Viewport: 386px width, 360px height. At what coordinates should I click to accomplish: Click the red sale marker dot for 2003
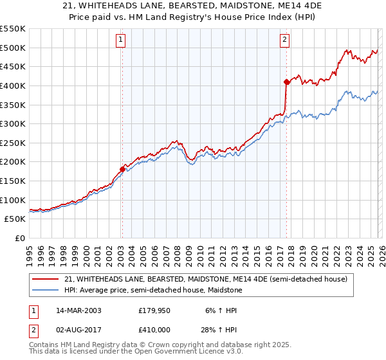[122, 169]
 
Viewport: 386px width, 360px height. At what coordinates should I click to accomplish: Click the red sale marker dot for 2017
[286, 82]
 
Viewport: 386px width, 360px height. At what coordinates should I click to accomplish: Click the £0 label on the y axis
[21, 238]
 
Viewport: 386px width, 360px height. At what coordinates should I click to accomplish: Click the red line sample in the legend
[46, 279]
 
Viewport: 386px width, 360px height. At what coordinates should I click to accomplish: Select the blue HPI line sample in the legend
[46, 290]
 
